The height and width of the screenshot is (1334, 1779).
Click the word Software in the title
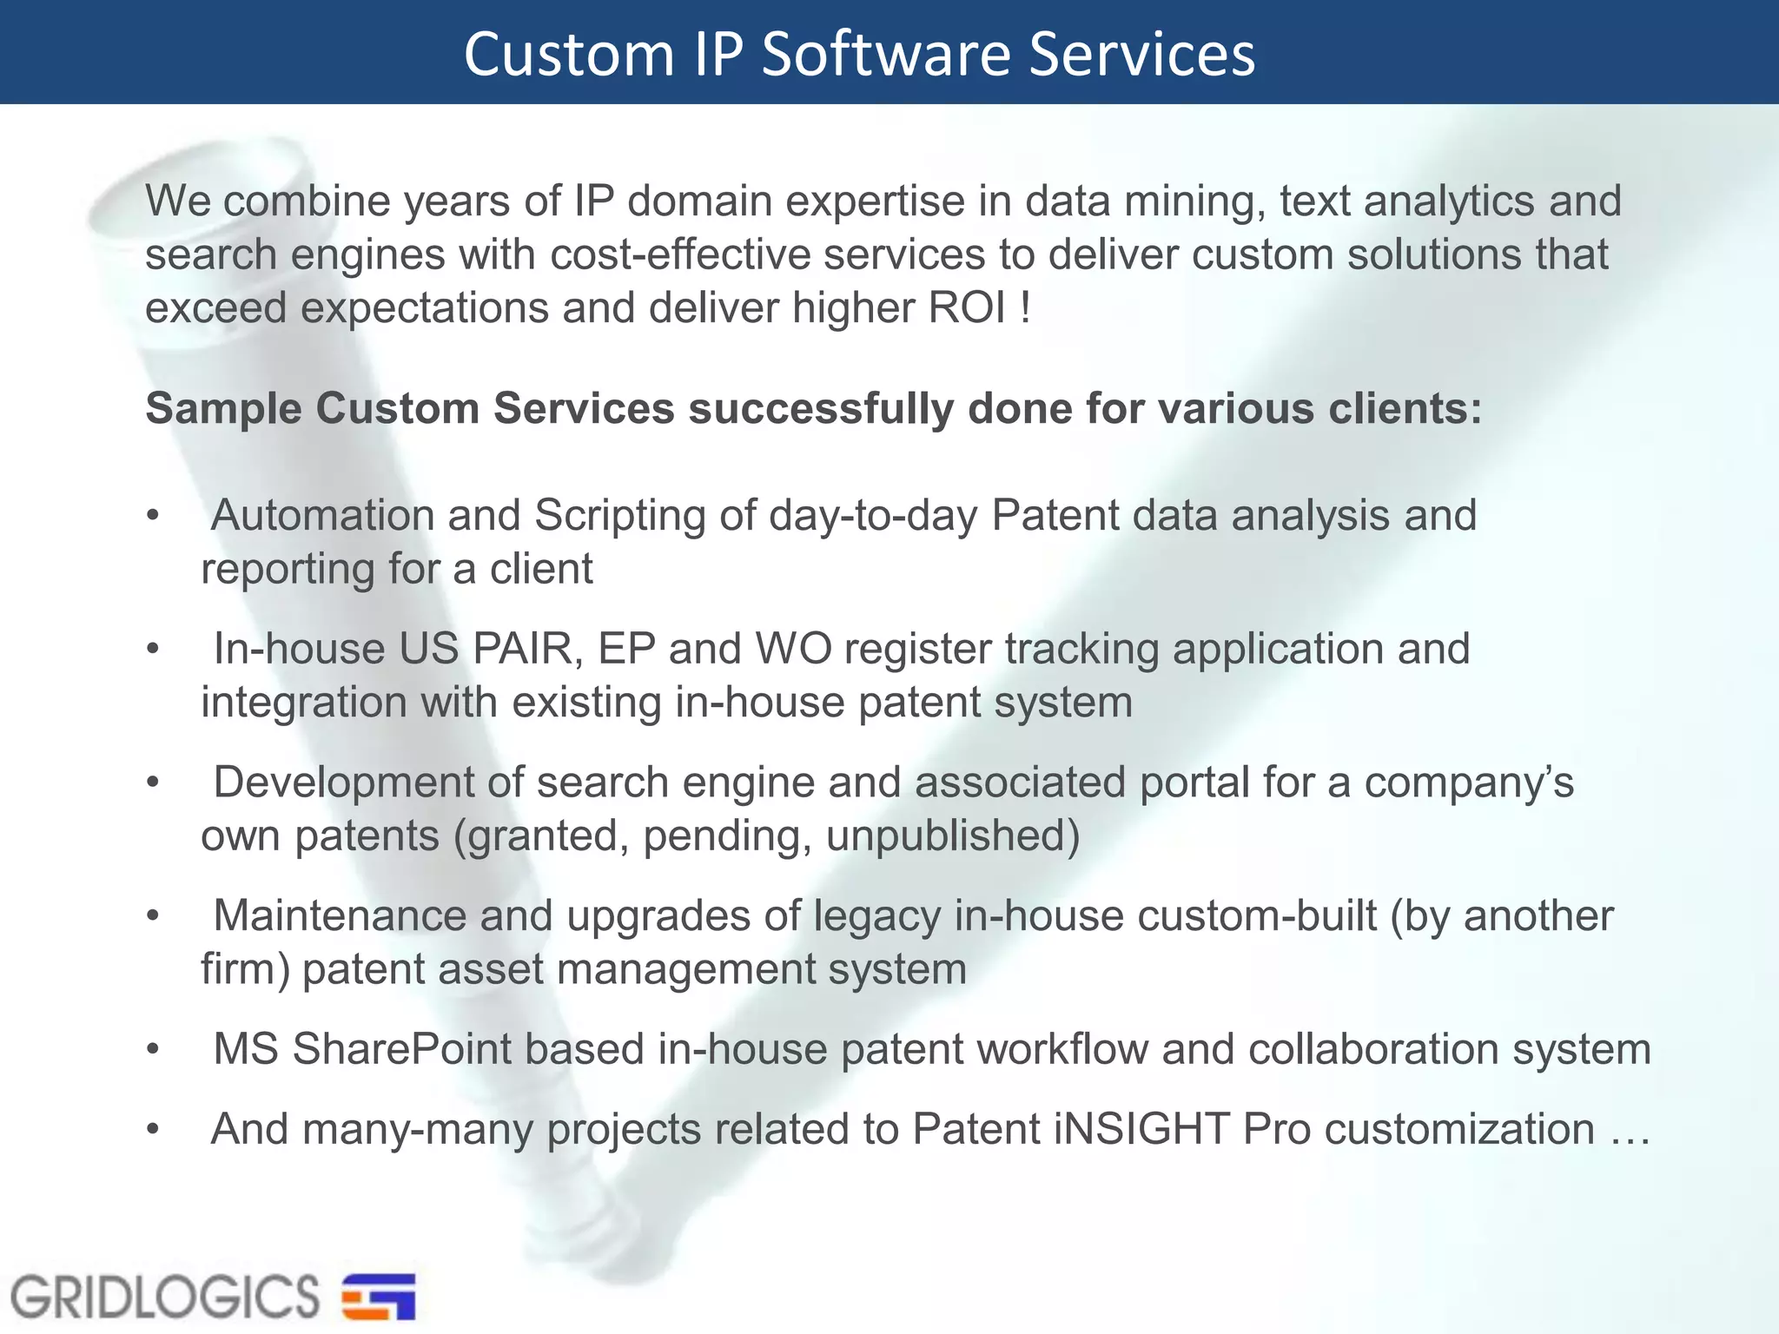coord(886,54)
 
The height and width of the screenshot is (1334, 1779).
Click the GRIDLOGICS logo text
coord(165,1298)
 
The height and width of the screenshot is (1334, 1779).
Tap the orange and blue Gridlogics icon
coord(379,1297)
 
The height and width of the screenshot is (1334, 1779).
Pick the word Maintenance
coord(340,915)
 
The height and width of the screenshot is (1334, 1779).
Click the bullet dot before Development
coord(154,783)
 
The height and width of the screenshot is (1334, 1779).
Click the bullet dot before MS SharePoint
coord(154,1049)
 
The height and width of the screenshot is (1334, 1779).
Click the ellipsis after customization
coord(1630,1131)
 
